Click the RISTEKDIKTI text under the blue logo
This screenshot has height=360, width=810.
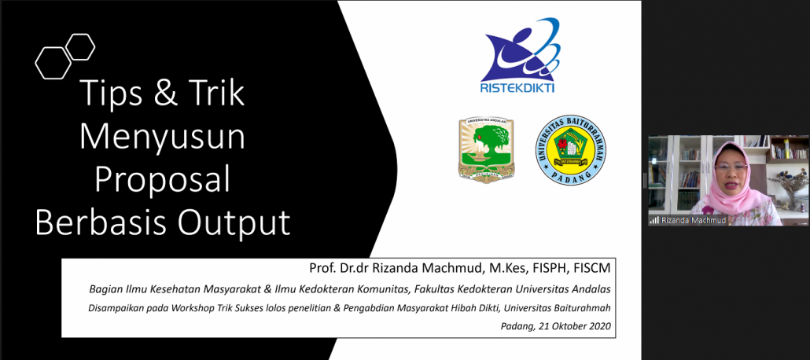pyautogui.click(x=517, y=88)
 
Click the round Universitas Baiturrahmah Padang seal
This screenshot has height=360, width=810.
pyautogui.click(x=572, y=150)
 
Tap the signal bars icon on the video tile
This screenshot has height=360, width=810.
pyautogui.click(x=654, y=220)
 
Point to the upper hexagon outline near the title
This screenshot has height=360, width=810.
pyautogui.click(x=79, y=46)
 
